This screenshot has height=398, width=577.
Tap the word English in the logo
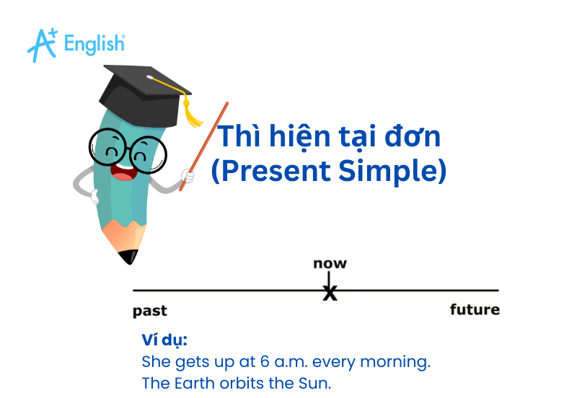pyautogui.click(x=94, y=44)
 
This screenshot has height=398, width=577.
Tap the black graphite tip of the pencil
pyautogui.click(x=128, y=256)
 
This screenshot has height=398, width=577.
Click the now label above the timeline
pyautogui.click(x=330, y=263)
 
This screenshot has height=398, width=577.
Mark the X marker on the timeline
pyautogui.click(x=330, y=293)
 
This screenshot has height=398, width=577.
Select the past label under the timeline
pyautogui.click(x=150, y=311)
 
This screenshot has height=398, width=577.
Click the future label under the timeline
pyautogui.click(x=475, y=310)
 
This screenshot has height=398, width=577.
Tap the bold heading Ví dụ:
pyautogui.click(x=164, y=340)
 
